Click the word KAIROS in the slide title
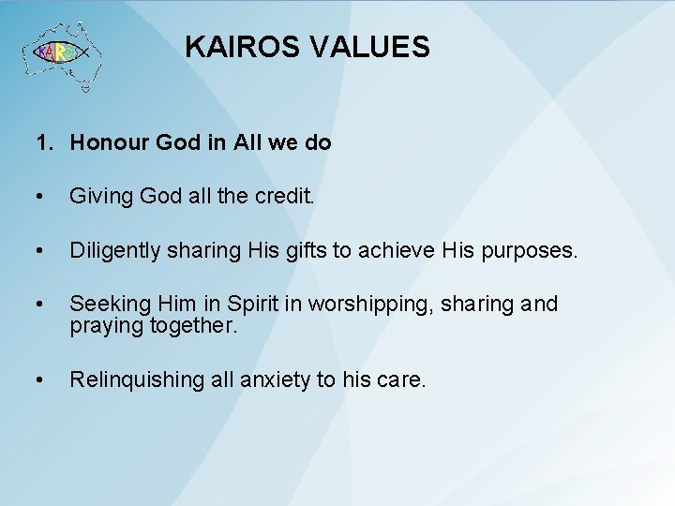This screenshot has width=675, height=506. pos(240,47)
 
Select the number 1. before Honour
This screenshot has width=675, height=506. pos(44,144)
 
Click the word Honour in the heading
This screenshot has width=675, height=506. pos(106,144)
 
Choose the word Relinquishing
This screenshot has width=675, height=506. pos(136,379)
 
